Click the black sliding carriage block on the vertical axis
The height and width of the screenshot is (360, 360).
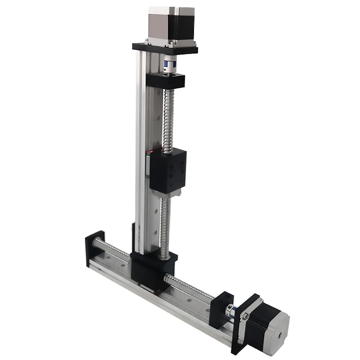tap(167, 169)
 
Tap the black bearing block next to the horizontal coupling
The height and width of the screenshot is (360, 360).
tap(224, 306)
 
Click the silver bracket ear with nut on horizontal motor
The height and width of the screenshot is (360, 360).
tap(245, 317)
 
